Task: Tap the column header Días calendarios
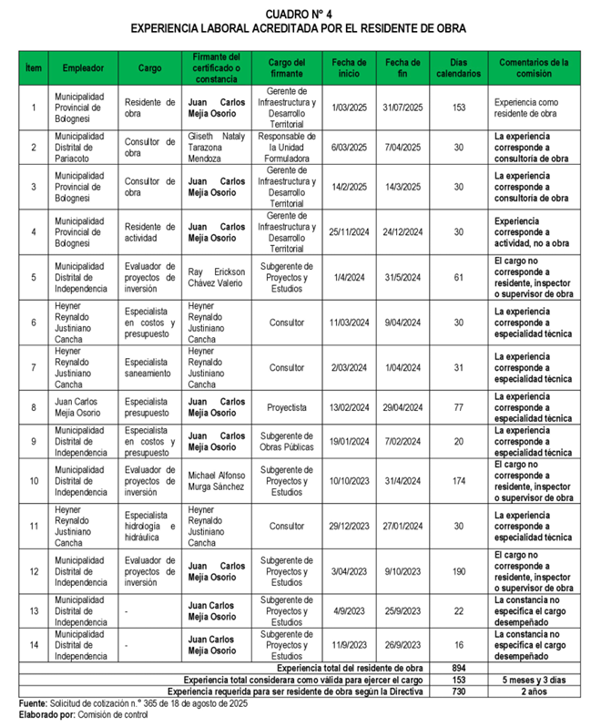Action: click(x=459, y=68)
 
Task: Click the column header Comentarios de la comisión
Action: click(x=534, y=68)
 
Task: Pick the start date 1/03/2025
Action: click(x=349, y=108)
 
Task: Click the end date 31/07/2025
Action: click(x=403, y=108)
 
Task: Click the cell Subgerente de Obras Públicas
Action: click(x=287, y=441)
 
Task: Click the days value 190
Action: click(x=459, y=571)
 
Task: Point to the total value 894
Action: click(x=459, y=668)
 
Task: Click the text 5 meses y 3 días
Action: click(x=534, y=680)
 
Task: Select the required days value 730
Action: click(x=459, y=691)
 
